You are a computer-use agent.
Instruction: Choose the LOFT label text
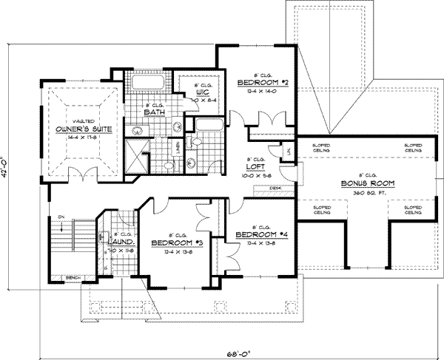tap(245, 167)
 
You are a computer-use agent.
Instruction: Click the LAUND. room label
tap(120, 242)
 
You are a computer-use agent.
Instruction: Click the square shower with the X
tap(136, 154)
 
